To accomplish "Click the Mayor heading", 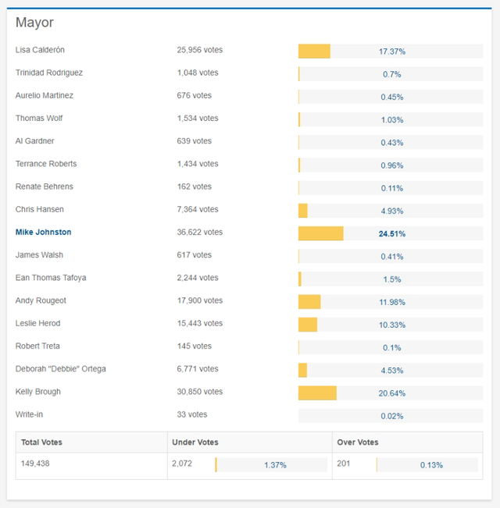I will coord(34,23).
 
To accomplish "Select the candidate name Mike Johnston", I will coord(43,233).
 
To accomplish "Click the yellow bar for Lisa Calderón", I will coord(314,51).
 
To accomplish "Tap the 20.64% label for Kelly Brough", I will coord(391,393).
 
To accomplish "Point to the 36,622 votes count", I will coord(199,233).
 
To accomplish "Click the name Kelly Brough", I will coord(37,392).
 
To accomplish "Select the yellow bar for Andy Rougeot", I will coord(309,302).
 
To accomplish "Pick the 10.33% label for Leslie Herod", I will coord(391,325).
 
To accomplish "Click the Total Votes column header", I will coord(41,442).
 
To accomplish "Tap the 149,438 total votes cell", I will coord(37,464).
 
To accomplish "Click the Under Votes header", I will coord(195,442).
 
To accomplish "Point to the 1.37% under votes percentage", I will coord(275,465).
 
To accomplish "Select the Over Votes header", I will coord(357,442).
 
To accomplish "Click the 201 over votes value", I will coord(344,464).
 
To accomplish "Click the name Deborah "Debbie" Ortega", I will coord(60,369).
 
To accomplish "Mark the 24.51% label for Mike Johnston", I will coord(391,233).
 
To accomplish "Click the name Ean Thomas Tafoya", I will coord(51,278).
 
